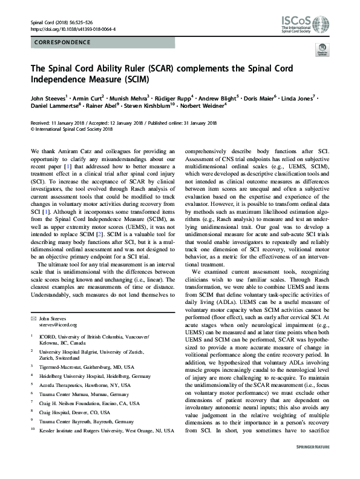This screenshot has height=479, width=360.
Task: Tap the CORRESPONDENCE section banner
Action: pyautogui.click(x=64, y=42)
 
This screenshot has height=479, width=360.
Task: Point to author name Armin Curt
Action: pyautogui.click(x=91, y=97)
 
